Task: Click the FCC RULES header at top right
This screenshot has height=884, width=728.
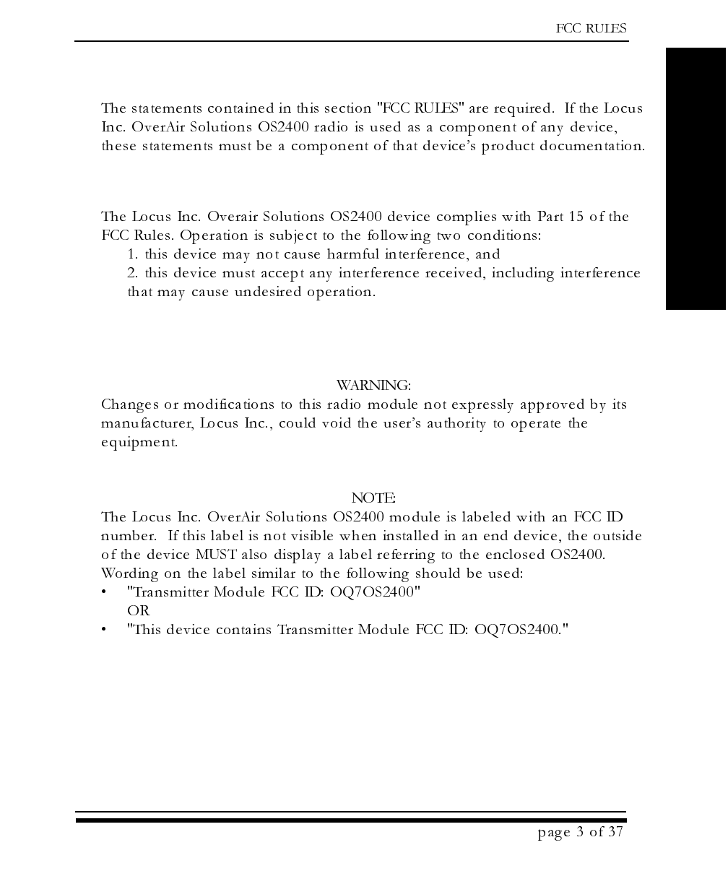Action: click(591, 29)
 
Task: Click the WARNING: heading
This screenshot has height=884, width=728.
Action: click(373, 385)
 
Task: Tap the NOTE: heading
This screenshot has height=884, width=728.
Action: click(373, 498)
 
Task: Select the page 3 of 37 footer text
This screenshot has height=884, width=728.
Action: click(580, 832)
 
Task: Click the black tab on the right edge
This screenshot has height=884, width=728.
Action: click(695, 179)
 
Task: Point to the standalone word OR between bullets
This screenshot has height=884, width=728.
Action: click(138, 611)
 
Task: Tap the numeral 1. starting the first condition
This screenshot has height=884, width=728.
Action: click(133, 254)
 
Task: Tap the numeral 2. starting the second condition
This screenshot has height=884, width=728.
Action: click(133, 273)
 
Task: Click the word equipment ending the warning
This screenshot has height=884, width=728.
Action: click(139, 442)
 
